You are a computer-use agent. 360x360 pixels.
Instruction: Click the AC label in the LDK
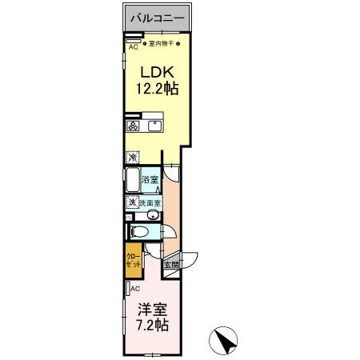pyautogui.click(x=133, y=46)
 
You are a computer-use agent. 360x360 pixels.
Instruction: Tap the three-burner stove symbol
pyautogui.click(x=133, y=126)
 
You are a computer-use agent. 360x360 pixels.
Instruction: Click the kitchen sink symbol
pyautogui.click(x=154, y=126)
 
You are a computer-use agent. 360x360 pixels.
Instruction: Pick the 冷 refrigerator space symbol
pyautogui.click(x=132, y=157)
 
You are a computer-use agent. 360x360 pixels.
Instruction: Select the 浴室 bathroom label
pyautogui.click(x=150, y=181)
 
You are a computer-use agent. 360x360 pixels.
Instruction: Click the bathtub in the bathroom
pyautogui.click(x=132, y=181)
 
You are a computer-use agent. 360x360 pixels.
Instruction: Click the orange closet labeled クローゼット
pyautogui.click(x=132, y=262)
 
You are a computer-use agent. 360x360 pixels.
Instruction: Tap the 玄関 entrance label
pyautogui.click(x=171, y=265)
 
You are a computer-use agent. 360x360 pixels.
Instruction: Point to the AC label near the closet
pyautogui.click(x=135, y=288)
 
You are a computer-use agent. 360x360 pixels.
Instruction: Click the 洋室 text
pyautogui.click(x=151, y=308)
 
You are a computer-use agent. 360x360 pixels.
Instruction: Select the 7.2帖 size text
pyautogui.click(x=151, y=326)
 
